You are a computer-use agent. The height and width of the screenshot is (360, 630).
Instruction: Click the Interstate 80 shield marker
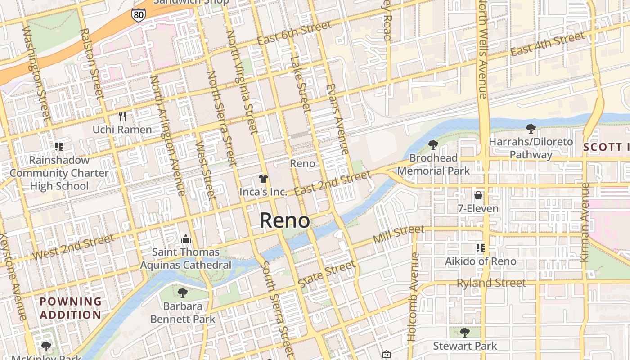click(139, 15)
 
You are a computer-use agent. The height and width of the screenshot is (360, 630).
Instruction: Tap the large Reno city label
click(285, 220)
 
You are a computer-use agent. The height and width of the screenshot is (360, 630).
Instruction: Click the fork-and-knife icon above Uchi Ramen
click(122, 117)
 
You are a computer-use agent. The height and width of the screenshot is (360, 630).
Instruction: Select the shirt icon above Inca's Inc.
click(263, 179)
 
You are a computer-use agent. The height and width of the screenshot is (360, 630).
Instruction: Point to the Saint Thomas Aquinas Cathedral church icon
click(185, 239)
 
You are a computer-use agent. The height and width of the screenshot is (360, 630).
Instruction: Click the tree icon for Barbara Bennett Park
click(182, 293)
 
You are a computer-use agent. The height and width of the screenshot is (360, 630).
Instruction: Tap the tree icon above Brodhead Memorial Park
click(433, 145)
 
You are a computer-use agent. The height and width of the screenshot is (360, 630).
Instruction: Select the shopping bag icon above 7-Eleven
click(478, 195)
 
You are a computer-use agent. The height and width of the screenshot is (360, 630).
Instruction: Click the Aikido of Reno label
click(481, 261)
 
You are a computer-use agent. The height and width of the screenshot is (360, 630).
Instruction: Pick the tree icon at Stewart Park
click(465, 333)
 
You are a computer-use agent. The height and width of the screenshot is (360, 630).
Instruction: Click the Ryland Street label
click(491, 283)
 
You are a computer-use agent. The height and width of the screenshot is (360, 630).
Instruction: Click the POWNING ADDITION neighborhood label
click(70, 308)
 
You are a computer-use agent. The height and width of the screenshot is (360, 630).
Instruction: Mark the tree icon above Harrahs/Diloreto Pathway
click(531, 129)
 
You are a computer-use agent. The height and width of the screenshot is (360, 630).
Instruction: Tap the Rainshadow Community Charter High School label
click(59, 173)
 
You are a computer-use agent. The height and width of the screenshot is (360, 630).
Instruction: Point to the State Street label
click(327, 274)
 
